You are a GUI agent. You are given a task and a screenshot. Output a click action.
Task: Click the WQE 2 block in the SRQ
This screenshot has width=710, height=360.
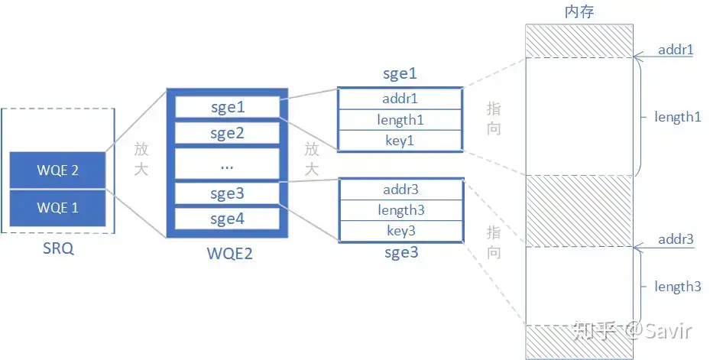point(57,170)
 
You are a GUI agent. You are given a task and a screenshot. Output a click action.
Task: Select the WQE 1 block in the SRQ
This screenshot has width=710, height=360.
point(57,207)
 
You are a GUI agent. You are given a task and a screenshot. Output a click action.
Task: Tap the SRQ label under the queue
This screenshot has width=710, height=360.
point(58,249)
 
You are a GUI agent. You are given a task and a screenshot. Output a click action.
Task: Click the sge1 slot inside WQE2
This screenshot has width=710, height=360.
point(226,107)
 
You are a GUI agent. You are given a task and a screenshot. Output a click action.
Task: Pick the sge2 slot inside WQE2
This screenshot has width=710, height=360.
point(226,134)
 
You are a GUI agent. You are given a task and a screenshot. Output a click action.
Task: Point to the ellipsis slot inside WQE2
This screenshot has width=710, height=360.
point(226,164)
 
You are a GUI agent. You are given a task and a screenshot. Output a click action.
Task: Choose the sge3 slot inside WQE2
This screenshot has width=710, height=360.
point(226,193)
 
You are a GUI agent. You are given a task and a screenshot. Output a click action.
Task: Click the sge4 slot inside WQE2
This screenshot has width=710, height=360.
point(226,219)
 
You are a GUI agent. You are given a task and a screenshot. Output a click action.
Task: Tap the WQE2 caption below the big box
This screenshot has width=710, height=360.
point(226,253)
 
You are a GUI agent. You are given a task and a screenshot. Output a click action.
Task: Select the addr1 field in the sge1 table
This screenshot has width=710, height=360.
point(400,99)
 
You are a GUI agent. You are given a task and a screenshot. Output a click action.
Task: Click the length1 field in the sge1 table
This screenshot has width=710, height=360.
point(400,120)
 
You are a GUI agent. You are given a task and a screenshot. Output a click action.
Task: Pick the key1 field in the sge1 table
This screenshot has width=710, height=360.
point(400,141)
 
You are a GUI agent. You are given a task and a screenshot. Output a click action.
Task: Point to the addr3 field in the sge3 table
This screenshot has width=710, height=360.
point(400,190)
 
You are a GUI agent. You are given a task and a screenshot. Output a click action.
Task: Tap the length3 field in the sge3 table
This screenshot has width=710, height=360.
point(400,210)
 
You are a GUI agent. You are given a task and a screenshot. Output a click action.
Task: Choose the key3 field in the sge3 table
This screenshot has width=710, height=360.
point(400,231)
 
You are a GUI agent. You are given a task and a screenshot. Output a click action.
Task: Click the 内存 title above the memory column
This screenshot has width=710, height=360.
point(579,11)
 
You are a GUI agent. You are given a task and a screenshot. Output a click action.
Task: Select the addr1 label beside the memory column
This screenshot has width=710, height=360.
point(676,50)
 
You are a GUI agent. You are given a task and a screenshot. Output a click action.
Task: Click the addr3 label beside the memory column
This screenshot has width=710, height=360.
point(676,239)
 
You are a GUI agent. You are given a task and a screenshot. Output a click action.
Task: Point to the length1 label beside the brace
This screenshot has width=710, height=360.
point(677,117)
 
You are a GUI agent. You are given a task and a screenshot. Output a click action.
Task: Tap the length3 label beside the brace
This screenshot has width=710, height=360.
point(677,287)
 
